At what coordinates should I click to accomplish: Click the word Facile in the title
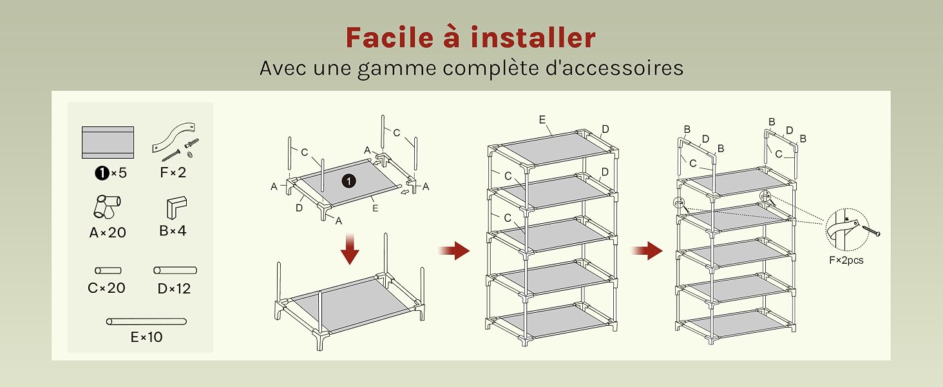click(x=390, y=37)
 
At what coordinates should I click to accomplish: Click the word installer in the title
click(x=533, y=37)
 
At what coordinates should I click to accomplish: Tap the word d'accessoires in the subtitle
click(x=614, y=68)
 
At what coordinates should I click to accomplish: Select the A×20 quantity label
click(x=108, y=232)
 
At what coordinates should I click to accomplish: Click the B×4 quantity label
click(x=173, y=231)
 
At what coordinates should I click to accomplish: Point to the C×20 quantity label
click(x=106, y=288)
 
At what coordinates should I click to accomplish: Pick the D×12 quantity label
click(x=174, y=288)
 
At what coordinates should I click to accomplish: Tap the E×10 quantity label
click(x=146, y=337)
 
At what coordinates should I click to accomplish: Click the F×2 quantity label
click(x=173, y=172)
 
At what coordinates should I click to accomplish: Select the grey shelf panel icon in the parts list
click(x=108, y=143)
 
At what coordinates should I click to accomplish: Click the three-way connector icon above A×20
click(x=107, y=206)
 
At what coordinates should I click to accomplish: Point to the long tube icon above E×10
click(x=146, y=322)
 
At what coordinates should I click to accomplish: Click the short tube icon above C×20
click(x=108, y=271)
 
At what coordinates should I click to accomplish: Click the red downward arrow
click(x=350, y=249)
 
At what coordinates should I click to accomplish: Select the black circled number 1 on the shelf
click(x=348, y=181)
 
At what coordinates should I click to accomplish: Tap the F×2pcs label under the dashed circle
click(x=846, y=260)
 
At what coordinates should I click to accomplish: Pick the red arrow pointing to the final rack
click(x=647, y=251)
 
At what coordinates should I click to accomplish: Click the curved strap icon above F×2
click(x=173, y=135)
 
